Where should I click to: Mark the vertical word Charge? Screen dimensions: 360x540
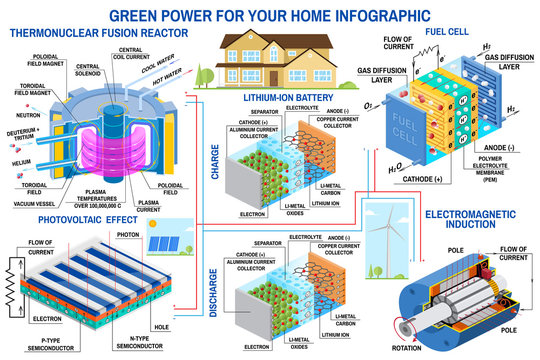click(x=218, y=159)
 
